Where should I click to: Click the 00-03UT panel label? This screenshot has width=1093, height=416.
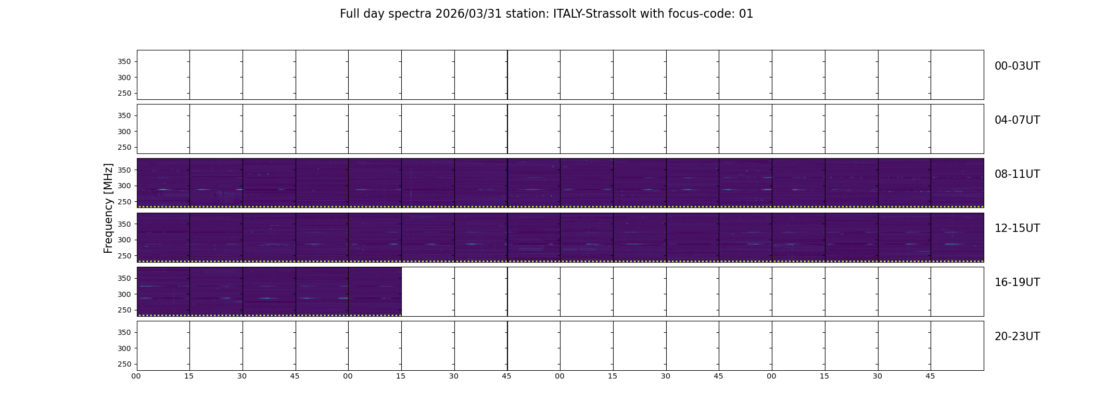click(x=1017, y=66)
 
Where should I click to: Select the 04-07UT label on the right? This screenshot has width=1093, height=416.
click(x=1017, y=120)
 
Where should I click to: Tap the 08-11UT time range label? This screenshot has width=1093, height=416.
click(x=1017, y=174)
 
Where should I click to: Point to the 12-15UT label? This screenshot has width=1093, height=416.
click(x=1017, y=228)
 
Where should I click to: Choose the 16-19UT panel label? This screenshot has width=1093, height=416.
click(x=1017, y=282)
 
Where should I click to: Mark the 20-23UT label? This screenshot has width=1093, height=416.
click(x=1017, y=336)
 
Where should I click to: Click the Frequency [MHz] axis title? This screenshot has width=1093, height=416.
click(x=108, y=208)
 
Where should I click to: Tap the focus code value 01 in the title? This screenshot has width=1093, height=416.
click(x=746, y=14)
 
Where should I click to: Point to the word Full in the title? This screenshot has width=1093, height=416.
click(x=350, y=14)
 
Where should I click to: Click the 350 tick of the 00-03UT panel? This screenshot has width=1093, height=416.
click(x=124, y=62)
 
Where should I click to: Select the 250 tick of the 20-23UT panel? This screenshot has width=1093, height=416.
click(x=124, y=365)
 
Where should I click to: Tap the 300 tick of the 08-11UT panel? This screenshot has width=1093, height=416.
click(x=124, y=186)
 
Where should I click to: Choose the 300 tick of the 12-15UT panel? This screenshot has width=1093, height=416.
click(x=124, y=240)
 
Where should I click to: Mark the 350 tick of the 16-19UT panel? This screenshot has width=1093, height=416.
click(x=124, y=279)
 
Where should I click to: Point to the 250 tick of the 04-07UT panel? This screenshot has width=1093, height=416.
click(x=124, y=148)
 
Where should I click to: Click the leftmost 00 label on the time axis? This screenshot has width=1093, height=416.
click(x=136, y=376)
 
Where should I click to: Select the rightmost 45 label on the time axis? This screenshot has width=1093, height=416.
click(x=931, y=376)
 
